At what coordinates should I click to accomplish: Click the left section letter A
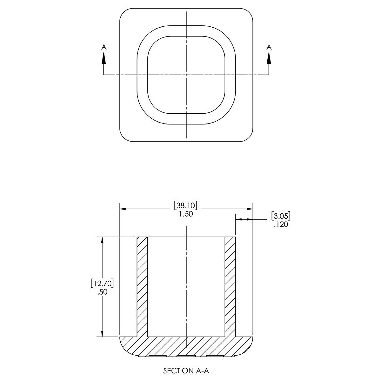click(x=104, y=47)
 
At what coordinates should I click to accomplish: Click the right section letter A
click(x=269, y=47)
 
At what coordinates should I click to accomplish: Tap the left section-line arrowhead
click(x=104, y=58)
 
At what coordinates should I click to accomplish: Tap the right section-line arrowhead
click(x=269, y=58)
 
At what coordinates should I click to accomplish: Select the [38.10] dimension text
click(x=185, y=206)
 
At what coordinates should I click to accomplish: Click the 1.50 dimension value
click(x=186, y=214)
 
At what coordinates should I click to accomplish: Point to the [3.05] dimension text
click(x=281, y=216)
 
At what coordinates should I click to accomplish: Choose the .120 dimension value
click(x=281, y=224)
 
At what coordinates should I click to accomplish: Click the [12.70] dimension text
click(x=102, y=284)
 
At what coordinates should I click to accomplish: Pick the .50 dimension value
click(x=103, y=292)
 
